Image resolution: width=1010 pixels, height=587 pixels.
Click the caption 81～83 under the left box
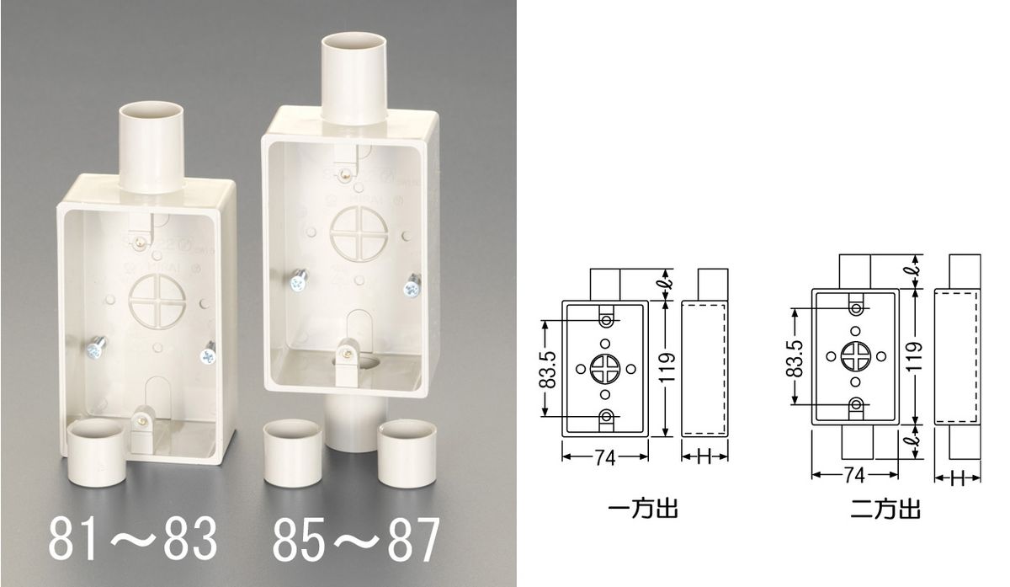[x=133, y=538]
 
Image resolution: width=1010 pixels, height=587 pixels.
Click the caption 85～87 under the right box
[x=356, y=538]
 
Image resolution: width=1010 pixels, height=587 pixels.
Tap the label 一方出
[x=643, y=509]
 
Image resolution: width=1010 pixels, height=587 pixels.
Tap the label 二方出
[x=885, y=509]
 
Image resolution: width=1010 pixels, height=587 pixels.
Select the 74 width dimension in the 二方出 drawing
[x=854, y=475]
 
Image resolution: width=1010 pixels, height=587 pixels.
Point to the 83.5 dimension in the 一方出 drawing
[x=548, y=369]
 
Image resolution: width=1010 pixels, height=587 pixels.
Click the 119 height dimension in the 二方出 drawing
[x=915, y=356]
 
